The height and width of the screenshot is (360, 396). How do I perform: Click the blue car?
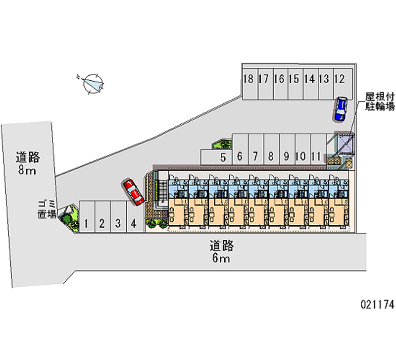point(341,109)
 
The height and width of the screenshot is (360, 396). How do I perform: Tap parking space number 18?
point(248,79)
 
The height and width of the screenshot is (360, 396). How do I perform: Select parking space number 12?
point(339,79)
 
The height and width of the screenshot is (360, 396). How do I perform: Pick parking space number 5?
point(223,157)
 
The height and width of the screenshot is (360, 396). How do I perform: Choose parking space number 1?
point(86,223)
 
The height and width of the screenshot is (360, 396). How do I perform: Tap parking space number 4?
point(133,223)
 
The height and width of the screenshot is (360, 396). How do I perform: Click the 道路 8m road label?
point(27,164)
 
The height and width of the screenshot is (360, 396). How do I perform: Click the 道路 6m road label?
point(221,252)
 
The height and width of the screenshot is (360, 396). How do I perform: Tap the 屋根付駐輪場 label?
point(380,101)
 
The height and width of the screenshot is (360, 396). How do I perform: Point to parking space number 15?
point(294,79)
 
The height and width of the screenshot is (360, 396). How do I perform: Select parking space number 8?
point(271,157)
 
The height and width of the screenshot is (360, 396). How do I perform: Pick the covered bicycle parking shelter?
point(345,144)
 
